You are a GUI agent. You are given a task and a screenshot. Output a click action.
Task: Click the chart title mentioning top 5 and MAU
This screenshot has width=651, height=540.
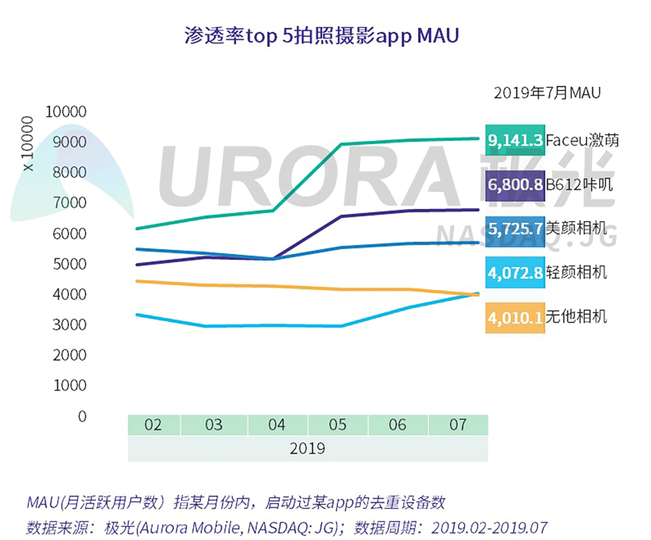(x=321, y=36)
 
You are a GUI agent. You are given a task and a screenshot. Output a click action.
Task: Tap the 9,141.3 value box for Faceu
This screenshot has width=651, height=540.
(x=515, y=140)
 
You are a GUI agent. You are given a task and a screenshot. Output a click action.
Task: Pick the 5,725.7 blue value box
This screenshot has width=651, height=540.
(x=515, y=229)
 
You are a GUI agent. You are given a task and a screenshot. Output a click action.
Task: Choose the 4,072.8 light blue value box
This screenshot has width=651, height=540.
(x=515, y=273)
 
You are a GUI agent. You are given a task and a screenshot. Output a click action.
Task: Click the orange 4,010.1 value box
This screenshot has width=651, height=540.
(x=515, y=317)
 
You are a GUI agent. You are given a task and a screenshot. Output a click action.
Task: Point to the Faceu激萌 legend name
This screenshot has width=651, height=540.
(x=582, y=140)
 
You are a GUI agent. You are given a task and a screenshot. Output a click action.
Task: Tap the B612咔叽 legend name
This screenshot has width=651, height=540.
(x=579, y=185)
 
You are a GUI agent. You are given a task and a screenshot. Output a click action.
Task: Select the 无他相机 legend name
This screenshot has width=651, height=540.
(x=576, y=317)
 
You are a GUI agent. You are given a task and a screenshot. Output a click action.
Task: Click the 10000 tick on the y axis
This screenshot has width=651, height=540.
(x=66, y=112)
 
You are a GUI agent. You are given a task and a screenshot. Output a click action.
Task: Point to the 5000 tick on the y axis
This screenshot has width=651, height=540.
(x=69, y=264)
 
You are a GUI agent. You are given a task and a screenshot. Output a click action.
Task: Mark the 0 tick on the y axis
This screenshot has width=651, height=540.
(x=82, y=416)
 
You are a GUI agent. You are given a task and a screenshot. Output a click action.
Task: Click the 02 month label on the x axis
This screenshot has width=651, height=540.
(x=153, y=425)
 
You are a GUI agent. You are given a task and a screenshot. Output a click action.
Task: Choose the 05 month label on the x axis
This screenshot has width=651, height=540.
(x=337, y=425)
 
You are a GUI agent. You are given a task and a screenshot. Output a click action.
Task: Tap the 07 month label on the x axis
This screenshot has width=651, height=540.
(x=457, y=425)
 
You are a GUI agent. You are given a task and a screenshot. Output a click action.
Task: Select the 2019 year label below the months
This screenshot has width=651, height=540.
(x=307, y=449)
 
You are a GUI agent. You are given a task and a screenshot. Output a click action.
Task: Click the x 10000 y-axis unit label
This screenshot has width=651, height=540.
(x=27, y=144)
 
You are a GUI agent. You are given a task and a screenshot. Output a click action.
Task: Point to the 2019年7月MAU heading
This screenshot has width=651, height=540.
(x=547, y=93)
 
